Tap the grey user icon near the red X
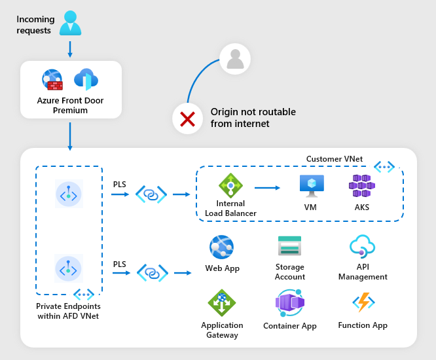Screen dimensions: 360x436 (234, 60)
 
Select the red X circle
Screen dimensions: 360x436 (188, 119)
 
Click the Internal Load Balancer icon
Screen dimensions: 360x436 (230, 186)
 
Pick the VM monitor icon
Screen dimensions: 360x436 (311, 186)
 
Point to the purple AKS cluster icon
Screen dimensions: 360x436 (361, 186)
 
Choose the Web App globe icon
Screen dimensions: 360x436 (222, 248)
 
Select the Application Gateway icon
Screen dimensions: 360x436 (222, 303)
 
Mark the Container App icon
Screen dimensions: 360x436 (289, 304)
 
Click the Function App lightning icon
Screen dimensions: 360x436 (362, 302)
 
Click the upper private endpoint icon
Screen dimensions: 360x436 (69, 194)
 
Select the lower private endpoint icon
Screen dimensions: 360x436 (69, 268)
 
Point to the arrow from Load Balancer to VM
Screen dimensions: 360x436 (271, 188)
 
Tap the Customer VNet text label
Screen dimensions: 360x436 (334, 159)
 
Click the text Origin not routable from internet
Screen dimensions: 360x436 (253, 118)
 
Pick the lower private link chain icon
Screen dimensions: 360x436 (152, 272)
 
